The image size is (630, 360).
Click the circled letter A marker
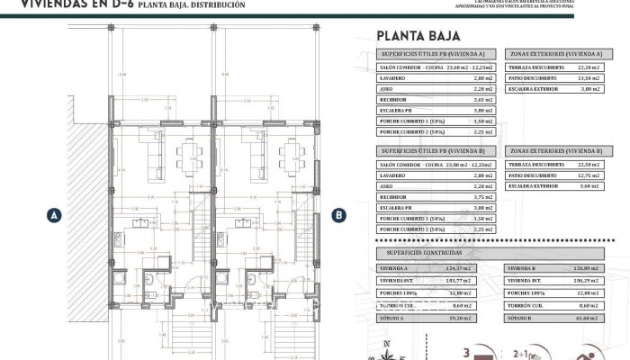tap(55, 215)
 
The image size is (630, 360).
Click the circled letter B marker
tap(339, 215)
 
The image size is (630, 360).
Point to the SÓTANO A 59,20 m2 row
tap(435, 318)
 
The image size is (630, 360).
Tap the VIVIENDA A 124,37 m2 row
tap(435, 268)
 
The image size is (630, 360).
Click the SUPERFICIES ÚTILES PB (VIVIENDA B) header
tap(435, 152)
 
